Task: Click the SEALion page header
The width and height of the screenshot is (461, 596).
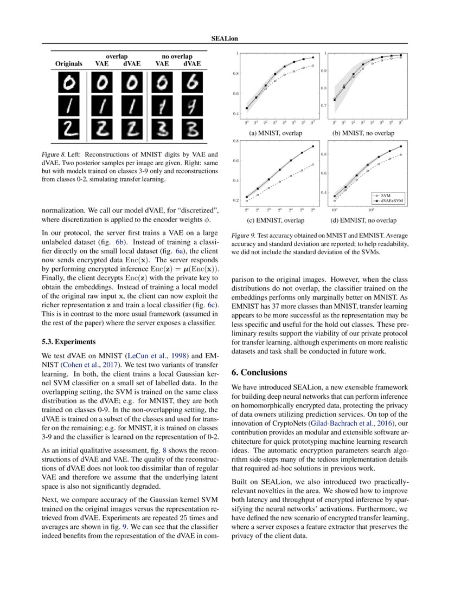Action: point(230,38)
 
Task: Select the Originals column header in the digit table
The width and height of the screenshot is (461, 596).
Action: point(69,64)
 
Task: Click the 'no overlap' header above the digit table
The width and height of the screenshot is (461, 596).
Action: point(177,56)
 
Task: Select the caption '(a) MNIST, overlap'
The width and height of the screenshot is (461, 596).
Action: point(276,133)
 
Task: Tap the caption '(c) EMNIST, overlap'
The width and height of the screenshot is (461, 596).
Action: point(276,221)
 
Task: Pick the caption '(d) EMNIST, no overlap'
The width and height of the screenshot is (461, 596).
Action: point(363,221)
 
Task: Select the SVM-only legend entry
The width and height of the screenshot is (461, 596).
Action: point(386,195)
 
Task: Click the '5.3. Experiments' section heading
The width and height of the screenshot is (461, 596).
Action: point(68,342)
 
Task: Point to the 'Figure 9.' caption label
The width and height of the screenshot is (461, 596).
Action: point(243,236)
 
